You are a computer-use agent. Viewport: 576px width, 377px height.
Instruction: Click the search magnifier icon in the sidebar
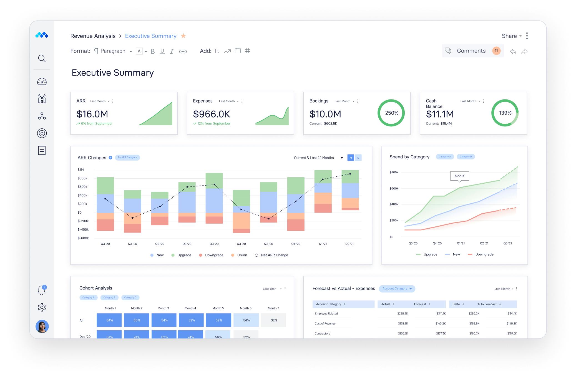(x=42, y=58)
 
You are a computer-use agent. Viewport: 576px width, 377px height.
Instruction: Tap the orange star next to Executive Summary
(x=183, y=36)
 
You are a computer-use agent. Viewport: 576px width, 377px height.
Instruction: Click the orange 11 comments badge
(x=496, y=51)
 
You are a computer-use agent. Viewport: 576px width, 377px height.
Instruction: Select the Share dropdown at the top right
(x=511, y=36)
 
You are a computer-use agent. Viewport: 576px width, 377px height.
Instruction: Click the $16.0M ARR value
(x=92, y=114)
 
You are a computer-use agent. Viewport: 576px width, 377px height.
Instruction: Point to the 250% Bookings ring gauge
(x=391, y=113)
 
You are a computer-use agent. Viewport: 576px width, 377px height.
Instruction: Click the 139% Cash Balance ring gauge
(x=505, y=113)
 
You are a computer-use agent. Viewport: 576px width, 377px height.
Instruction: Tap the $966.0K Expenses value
(x=212, y=114)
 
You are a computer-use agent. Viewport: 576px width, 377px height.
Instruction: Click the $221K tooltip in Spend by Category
(x=459, y=176)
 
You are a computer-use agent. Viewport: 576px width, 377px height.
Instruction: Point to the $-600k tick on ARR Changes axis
(x=83, y=238)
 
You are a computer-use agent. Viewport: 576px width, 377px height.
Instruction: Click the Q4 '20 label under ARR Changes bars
(x=296, y=244)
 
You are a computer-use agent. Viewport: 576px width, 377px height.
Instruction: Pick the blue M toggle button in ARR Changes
(x=351, y=158)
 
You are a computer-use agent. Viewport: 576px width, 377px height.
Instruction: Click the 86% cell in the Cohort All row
(x=137, y=320)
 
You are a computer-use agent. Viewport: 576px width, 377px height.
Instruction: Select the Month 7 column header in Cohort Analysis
(x=273, y=308)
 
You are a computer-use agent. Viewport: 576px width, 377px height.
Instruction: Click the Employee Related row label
(x=326, y=313)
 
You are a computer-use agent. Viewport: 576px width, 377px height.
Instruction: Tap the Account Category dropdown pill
(x=397, y=289)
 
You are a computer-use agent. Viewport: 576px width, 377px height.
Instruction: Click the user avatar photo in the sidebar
(x=42, y=326)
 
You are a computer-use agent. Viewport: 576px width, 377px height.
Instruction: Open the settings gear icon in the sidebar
(x=42, y=307)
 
